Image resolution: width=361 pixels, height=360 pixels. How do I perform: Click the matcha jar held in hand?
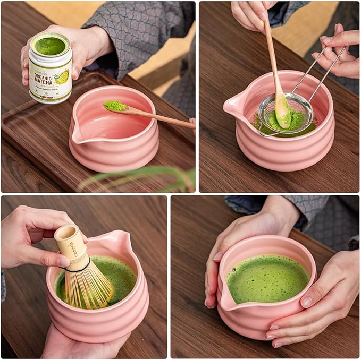[x=51, y=69]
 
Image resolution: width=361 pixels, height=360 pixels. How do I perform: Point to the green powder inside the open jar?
[x=51, y=46]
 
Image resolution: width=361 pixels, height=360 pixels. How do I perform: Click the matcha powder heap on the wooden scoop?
[x=114, y=106]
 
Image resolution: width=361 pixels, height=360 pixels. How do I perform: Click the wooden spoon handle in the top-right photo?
[x=272, y=53]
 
